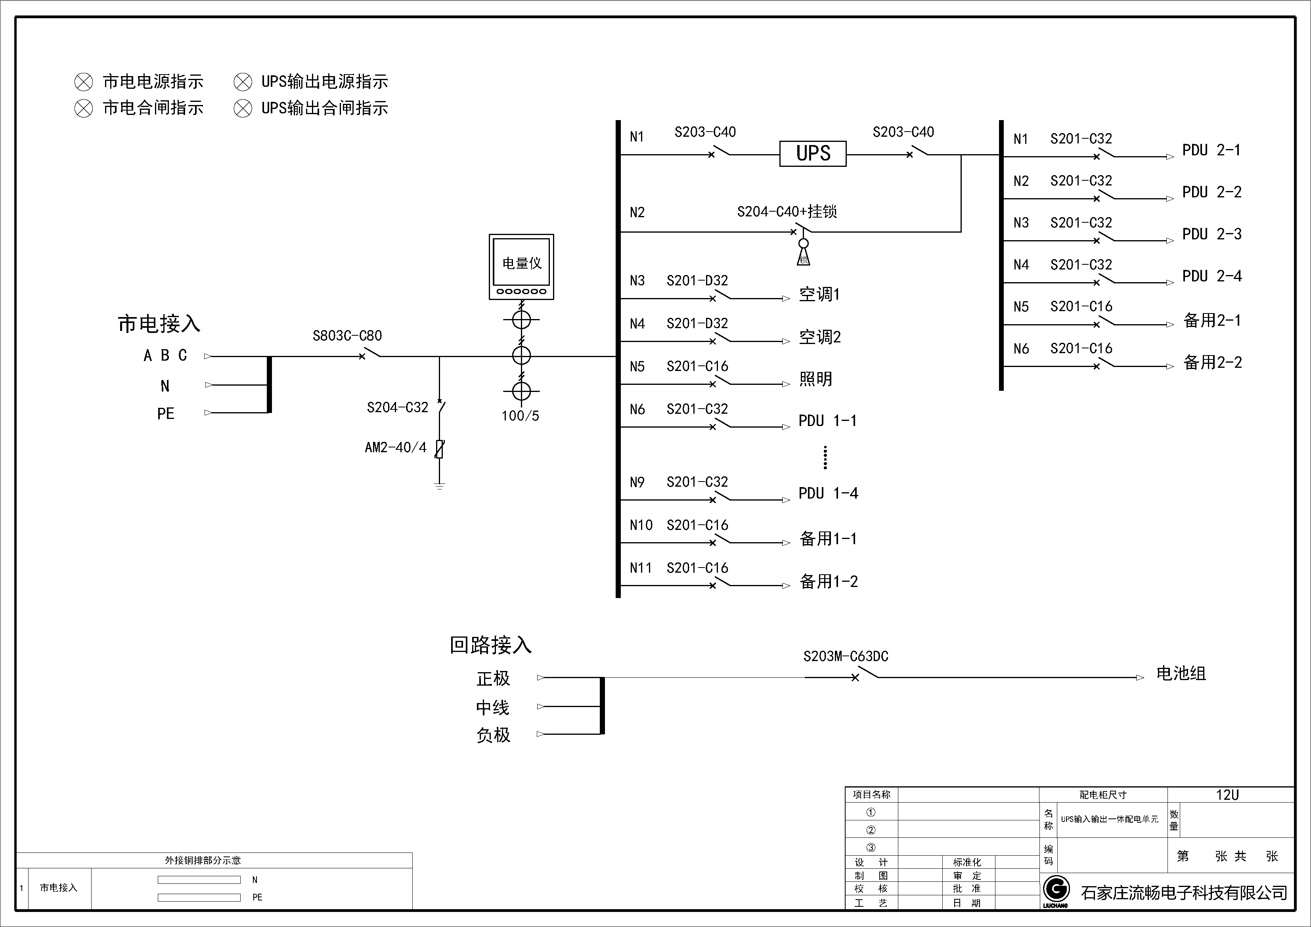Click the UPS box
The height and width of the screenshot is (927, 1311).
813,153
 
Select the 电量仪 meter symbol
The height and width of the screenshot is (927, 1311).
521,267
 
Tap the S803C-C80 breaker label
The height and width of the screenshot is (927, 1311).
347,336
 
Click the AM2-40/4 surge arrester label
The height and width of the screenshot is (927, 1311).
396,447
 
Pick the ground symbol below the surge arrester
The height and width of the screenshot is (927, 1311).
439,486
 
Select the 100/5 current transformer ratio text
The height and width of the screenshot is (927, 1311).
520,416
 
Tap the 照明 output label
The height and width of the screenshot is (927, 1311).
815,379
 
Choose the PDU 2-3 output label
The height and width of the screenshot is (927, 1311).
1211,234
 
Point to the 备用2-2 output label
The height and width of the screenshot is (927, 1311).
1212,363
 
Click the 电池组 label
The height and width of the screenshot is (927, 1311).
1181,674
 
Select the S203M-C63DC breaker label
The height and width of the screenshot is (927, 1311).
846,656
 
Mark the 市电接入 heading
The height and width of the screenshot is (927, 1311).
159,324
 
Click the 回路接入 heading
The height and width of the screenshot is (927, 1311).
490,645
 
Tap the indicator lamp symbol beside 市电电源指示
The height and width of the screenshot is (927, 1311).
83,82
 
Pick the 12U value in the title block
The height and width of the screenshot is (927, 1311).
1227,795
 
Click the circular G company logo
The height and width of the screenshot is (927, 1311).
1056,889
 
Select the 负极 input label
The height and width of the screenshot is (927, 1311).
493,735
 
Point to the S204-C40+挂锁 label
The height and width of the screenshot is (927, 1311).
787,212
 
